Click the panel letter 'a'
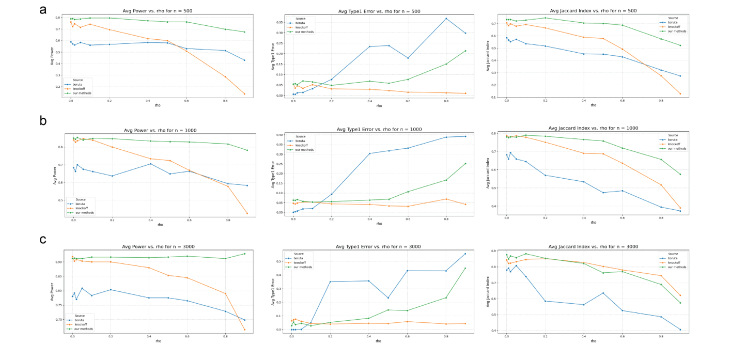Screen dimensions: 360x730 click(44, 9)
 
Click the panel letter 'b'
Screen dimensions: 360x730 click(44, 121)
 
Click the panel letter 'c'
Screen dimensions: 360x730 click(44, 240)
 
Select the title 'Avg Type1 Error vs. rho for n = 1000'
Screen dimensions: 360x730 click(379, 129)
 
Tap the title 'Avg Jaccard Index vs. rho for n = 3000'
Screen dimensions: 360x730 click(593, 246)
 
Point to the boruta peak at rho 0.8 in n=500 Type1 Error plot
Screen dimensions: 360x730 click(446, 19)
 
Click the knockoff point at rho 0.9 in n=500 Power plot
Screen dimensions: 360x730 click(244, 93)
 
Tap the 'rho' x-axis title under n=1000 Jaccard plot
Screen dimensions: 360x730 click(593, 223)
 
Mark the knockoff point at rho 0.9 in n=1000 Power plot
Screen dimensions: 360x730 click(247, 213)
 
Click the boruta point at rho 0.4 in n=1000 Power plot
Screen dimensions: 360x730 click(150, 164)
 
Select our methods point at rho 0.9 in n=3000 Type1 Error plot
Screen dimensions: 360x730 click(465, 268)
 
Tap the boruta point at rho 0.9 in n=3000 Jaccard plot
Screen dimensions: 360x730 click(680, 330)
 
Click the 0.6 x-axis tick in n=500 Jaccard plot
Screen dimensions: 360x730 click(623, 101)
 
